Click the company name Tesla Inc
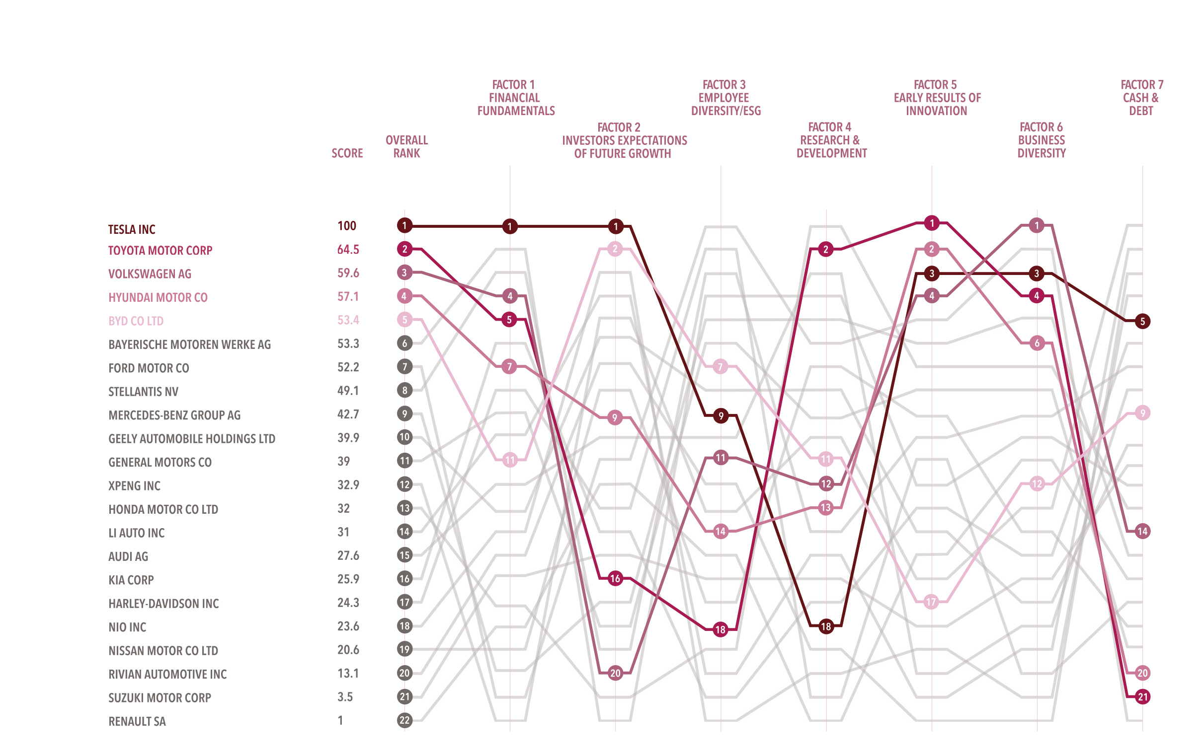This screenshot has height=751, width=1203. (x=132, y=229)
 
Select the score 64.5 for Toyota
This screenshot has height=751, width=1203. (x=348, y=249)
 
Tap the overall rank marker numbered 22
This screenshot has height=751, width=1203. (x=404, y=720)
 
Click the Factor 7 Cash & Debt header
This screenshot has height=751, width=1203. (x=1141, y=98)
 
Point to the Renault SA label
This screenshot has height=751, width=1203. (x=137, y=721)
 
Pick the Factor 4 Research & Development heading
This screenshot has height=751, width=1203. (x=831, y=140)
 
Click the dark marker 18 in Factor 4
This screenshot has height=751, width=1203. (x=826, y=626)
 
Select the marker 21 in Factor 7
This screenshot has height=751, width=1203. (x=1142, y=697)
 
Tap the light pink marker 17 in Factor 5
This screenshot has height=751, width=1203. (x=931, y=602)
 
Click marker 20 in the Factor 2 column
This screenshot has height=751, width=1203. (x=616, y=673)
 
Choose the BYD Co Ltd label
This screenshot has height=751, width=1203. (x=136, y=321)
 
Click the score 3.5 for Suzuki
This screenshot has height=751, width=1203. (x=345, y=697)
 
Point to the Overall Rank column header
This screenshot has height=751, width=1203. (x=406, y=146)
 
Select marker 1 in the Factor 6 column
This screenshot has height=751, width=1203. (x=1037, y=225)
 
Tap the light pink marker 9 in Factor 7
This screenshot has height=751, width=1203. (x=1142, y=413)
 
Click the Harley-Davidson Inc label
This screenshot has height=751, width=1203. (x=163, y=604)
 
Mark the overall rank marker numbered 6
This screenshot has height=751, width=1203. (x=404, y=342)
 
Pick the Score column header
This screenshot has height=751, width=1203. (x=347, y=153)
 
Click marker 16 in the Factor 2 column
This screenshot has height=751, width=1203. (x=616, y=579)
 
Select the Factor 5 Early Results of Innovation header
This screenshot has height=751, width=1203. (x=937, y=98)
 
